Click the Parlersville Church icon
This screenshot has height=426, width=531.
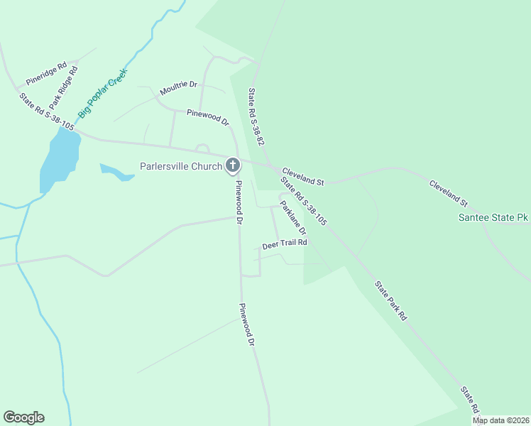coord(232,167)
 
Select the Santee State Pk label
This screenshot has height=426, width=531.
coord(493,217)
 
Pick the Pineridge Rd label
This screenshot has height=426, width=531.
coord(45,72)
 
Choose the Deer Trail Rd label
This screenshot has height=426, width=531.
coord(284,244)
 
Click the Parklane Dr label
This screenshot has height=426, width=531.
coord(292,218)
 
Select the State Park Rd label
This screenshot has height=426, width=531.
coord(390,300)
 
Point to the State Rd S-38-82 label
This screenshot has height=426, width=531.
coord(256,117)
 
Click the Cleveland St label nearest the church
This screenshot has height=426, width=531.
coord(302,177)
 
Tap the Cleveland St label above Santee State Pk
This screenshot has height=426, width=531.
coord(449,193)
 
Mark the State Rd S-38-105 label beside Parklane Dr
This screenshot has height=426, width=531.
coord(303,201)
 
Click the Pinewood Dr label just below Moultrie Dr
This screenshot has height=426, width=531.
coord(208,117)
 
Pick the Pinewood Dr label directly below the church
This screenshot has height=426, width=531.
coord(239,202)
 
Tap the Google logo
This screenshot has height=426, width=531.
coord(23,417)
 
